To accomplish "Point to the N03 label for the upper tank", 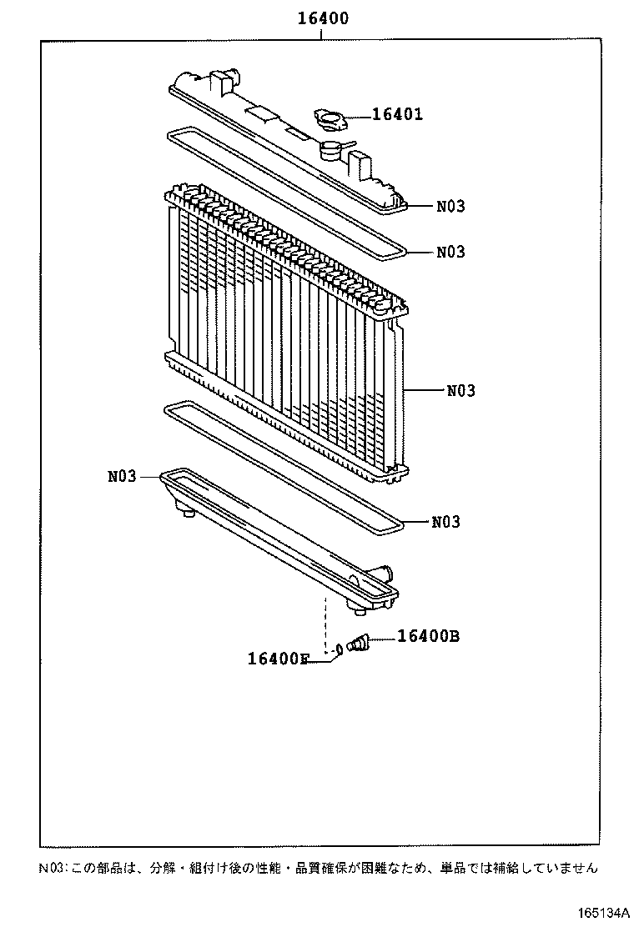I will tap(450, 206).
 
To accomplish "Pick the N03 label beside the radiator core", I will tap(460, 389).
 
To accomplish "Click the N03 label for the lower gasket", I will tap(446, 522).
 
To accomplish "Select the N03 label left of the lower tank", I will tap(121, 477).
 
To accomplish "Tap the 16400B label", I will tap(428, 636).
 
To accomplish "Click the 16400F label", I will tap(279, 659).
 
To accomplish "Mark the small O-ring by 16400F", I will tap(340, 649).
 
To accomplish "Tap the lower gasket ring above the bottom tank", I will tap(284, 466).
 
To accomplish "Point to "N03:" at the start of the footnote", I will tap(52, 868).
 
